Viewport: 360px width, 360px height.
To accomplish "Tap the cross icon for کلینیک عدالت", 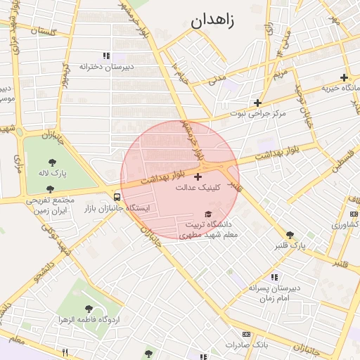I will click(197, 176).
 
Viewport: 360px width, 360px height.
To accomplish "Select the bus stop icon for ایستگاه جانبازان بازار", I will click(117, 197).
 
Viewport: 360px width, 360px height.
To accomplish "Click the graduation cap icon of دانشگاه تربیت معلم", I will click(207, 214).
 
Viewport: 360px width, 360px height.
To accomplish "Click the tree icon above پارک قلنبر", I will click(290, 235).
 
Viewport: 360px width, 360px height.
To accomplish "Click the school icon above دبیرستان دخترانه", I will click(106, 56).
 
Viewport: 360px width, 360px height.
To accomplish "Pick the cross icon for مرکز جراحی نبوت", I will click(258, 103).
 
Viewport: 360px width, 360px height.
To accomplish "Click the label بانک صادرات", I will click(247, 345).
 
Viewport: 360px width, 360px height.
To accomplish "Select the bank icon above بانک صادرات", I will click(246, 334).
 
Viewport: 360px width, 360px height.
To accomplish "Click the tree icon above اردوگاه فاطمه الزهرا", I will click(89, 309).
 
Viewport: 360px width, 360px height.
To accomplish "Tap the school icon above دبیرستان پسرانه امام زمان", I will click(274, 277).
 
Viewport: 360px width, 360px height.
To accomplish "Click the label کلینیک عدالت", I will click(198, 188).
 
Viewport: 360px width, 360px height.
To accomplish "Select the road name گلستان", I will click(39, 32).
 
